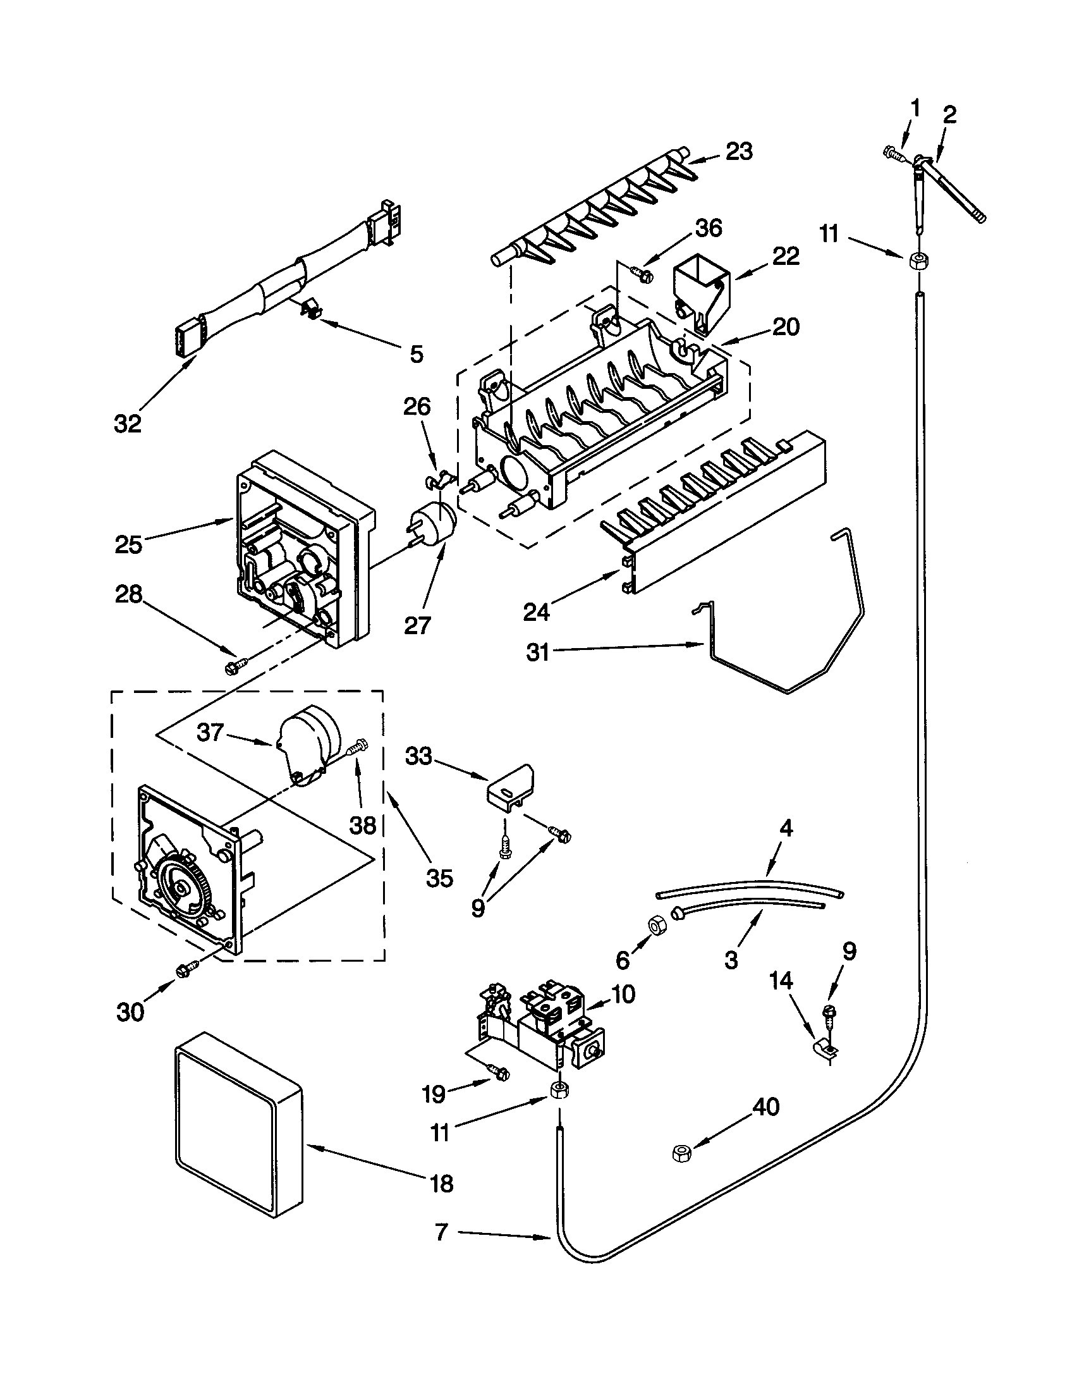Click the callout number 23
click(739, 152)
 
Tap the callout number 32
click(127, 423)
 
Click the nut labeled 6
click(655, 926)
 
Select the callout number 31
click(538, 653)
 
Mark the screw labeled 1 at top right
click(894, 153)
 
